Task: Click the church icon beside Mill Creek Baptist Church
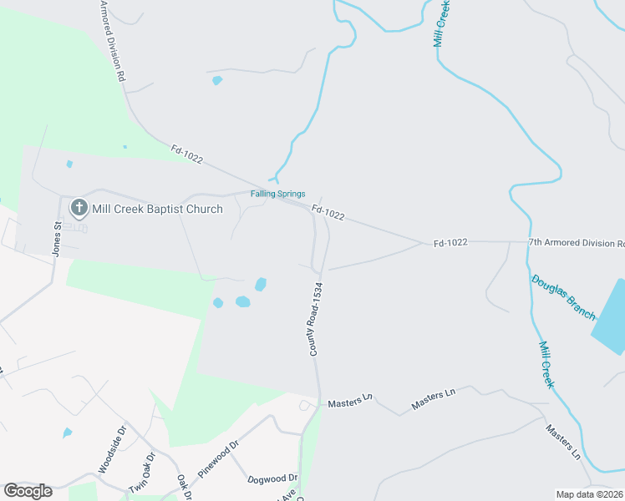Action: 79,207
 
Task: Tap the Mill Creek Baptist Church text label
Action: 158,209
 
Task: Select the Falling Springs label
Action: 278,194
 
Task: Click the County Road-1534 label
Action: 316,319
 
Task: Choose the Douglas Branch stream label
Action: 563,296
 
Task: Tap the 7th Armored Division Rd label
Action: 576,243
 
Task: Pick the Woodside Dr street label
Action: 110,449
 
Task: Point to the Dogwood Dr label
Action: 272,478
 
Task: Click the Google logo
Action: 28,491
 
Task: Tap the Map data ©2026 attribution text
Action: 589,494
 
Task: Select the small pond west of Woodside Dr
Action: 67,433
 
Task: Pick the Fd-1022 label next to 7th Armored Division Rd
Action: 450,243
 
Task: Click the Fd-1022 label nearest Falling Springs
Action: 328,215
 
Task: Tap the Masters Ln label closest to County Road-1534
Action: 348,402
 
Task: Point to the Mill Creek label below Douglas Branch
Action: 546,364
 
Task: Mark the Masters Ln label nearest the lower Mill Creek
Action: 562,442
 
